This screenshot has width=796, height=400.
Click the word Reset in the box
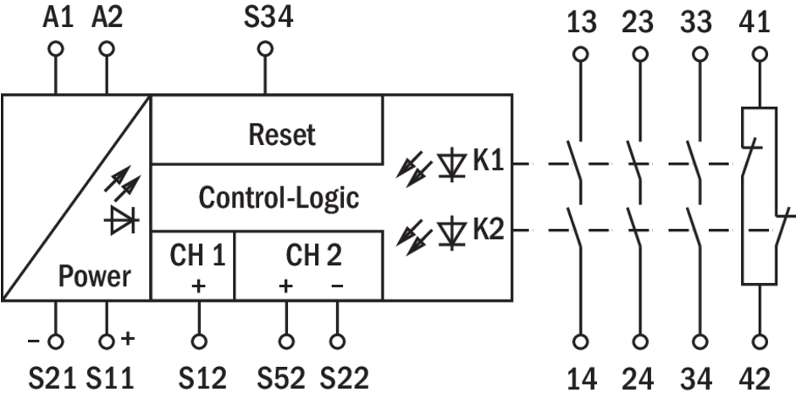pos(282,134)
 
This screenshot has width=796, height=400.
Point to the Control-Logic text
pos(279,197)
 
